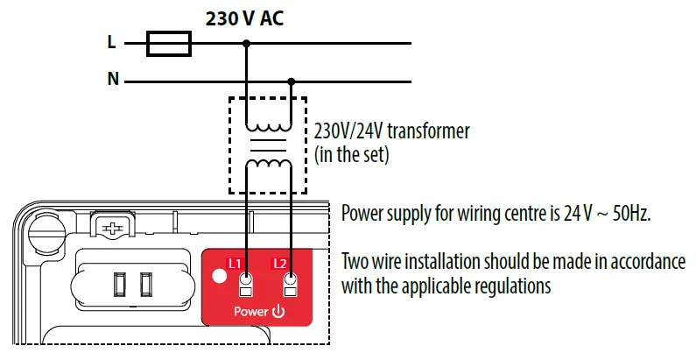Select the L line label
coord(111,42)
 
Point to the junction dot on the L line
coord(246,43)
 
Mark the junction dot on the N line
coord(292,81)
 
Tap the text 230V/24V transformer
coord(391,131)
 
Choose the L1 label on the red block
coord(234,262)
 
